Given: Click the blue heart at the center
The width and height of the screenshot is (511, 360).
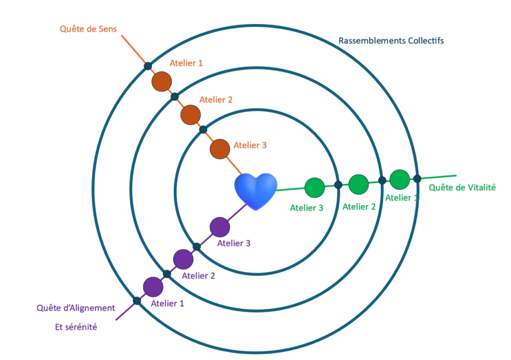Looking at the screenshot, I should pos(255,191).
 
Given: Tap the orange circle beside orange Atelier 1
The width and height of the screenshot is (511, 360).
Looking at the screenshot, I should pos(162,81).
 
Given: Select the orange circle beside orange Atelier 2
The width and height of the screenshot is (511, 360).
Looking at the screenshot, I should pos(190,115).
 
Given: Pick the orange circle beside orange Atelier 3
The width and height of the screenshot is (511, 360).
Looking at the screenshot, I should pos(219,149).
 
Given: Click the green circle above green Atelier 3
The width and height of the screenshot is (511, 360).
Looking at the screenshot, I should pos(314,187).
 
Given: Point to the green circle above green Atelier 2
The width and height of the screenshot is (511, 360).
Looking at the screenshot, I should pos(358,184).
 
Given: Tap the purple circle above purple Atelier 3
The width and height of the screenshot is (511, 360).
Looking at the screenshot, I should pos(220,227).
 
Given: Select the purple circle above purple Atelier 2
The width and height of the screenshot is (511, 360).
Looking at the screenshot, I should pos(183,259).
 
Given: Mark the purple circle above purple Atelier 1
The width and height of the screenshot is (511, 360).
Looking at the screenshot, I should pos(153,287).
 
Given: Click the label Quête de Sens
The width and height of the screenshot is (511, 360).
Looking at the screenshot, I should pos(88,29).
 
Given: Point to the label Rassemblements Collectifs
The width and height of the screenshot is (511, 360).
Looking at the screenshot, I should pos(391,40).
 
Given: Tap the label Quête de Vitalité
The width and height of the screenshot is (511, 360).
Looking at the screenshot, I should pos(462,187).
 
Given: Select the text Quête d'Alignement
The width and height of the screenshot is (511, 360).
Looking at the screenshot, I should pos(76,308).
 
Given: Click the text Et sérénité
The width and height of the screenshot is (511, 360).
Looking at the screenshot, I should pos(76,328).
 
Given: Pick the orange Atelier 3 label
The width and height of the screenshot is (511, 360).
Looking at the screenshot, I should pos(250,146).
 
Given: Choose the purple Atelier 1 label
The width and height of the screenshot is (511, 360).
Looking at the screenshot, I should pos(168,303).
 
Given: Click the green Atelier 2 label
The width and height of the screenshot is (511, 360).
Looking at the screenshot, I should pos(359,206).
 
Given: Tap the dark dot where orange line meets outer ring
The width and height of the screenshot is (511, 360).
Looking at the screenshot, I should pos(148,66).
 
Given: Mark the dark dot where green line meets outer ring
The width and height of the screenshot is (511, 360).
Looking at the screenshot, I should pos(417,178).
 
